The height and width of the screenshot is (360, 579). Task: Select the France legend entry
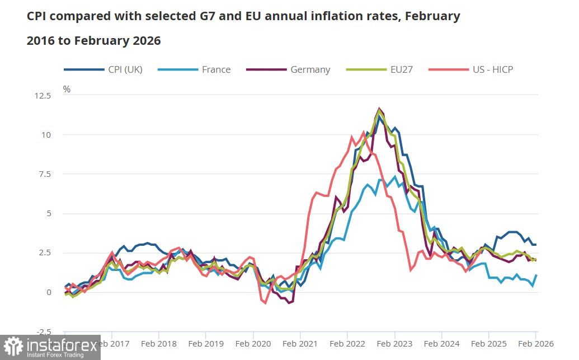(x=216, y=69)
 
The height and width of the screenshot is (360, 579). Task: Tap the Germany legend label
(x=310, y=69)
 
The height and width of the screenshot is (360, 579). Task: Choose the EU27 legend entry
(x=402, y=69)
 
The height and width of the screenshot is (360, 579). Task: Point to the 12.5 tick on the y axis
(x=43, y=96)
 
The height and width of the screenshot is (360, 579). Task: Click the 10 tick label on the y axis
(x=46, y=135)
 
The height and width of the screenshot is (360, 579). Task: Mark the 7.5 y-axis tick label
(x=44, y=174)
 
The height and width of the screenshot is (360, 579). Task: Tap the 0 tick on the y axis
(x=49, y=292)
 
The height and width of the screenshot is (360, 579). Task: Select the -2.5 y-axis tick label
(x=43, y=331)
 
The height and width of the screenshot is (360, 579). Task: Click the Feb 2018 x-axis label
(x=159, y=343)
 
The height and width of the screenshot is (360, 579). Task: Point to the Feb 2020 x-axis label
(x=253, y=343)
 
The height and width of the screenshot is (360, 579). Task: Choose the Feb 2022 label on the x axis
(x=347, y=343)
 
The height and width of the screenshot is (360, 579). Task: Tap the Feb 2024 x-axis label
(x=442, y=343)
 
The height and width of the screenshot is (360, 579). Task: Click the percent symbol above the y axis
(x=67, y=89)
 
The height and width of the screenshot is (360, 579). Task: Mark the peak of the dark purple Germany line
(x=380, y=109)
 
